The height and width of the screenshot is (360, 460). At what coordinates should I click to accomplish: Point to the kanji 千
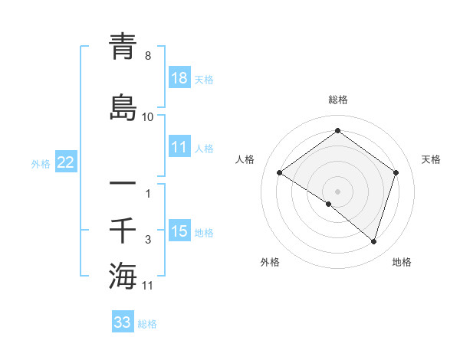pos(123,230)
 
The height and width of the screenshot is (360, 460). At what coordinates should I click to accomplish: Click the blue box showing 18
pos(179,78)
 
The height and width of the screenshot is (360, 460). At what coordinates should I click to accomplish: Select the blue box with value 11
pos(179,148)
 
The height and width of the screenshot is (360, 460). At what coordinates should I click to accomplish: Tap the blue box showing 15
pos(179,231)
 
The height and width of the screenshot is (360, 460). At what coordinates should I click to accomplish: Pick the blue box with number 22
pos(66,162)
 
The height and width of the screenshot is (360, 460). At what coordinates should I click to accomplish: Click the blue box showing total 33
pos(123,322)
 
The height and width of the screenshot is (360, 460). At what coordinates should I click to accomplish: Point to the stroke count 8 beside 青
pos(147,57)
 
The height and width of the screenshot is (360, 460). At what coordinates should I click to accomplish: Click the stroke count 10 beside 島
pos(147,117)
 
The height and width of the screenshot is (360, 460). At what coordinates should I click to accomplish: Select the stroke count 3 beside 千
pos(148,241)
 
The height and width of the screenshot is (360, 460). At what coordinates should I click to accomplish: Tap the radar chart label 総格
pos(337,100)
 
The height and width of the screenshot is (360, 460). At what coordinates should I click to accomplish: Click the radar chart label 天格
pos(432,159)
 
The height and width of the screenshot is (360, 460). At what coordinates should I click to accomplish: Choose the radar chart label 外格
pos(270,262)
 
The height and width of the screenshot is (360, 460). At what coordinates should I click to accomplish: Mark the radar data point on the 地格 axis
pos(373,241)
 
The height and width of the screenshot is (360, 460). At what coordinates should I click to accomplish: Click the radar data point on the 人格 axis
pos(280,173)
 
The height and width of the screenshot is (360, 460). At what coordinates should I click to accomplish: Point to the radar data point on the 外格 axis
pos(329,204)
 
